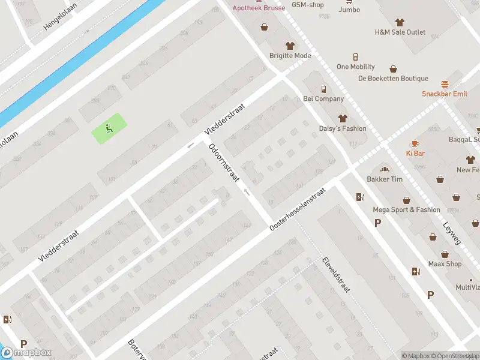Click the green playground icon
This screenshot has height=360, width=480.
pos(108,127)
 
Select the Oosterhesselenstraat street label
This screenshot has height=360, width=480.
pos(297,208)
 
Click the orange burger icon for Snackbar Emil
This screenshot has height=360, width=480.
pos(445,84)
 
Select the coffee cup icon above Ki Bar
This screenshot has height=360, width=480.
pos(415,143)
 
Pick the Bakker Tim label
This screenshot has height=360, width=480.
pos(385,179)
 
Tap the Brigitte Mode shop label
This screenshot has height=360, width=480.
pos(290,56)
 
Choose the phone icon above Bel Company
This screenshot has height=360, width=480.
pos(324,89)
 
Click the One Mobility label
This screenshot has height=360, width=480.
pos(355,67)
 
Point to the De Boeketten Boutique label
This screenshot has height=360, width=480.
pos(393,79)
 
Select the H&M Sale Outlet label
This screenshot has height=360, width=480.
pos(400,32)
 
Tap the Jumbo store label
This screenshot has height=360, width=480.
pos(349,10)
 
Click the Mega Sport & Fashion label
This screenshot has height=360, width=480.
pos(406,210)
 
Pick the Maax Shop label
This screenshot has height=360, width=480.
pos(445,264)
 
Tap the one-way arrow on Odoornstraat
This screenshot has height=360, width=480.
pos(246,193)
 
